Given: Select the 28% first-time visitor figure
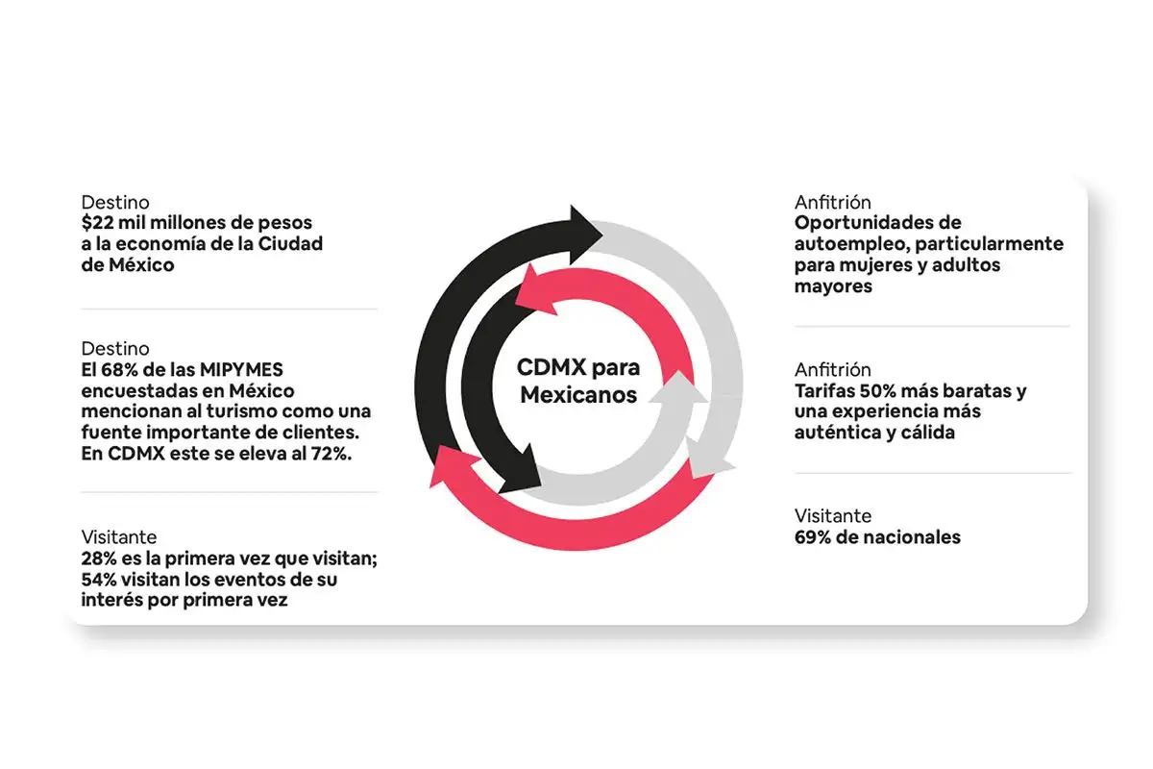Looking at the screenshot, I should click(99, 559).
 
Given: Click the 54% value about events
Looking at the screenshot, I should click(99, 581).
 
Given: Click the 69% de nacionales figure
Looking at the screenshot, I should click(813, 537).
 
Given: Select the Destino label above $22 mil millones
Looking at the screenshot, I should click(115, 203).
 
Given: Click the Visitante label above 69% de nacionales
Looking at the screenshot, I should click(833, 516).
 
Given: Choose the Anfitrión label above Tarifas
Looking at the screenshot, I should click(833, 370).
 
